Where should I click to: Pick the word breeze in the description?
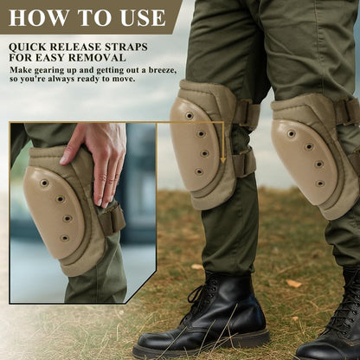[x=162, y=70]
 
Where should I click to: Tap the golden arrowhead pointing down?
[x=222, y=159]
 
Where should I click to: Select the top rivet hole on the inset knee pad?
[x=44, y=183]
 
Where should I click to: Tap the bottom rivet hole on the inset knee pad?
[x=64, y=238]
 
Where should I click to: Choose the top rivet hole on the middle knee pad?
[x=190, y=116]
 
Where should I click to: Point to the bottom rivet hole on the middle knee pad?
[x=199, y=172]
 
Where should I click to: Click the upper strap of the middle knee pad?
[x=246, y=114]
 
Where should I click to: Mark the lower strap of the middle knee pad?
[x=244, y=163]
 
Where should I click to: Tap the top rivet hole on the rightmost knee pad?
[x=292, y=134]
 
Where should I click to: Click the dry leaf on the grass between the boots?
[x=294, y=283]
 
